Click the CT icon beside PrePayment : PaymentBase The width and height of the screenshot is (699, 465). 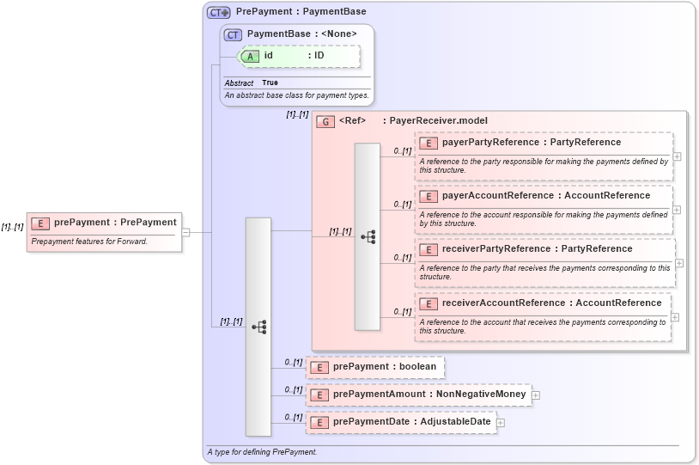coord(219,12)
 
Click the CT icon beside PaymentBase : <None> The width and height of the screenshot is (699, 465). coord(233,34)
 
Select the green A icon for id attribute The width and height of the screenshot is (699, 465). coord(250,56)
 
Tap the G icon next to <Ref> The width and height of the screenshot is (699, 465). coord(325,121)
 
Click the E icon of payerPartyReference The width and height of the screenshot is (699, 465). coord(428,143)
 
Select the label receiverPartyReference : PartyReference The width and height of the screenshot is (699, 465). coord(537,249)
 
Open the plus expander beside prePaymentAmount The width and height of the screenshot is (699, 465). coord(536,395)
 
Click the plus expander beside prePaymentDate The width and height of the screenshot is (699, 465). coord(501,423)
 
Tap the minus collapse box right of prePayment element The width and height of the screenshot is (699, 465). coord(185,232)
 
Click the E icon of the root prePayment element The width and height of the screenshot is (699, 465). coord(40,223)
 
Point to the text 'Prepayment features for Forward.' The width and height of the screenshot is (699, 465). coord(89,242)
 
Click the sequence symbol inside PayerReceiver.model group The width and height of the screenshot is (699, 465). coord(368,236)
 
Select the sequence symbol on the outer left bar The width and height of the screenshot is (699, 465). coord(258,327)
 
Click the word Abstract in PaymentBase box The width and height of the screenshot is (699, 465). coord(239,83)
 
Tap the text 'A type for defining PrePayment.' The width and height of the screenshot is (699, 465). coord(262,452)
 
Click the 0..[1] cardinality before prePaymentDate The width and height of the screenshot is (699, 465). coord(294,418)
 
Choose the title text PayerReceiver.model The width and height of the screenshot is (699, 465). coord(438,121)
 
